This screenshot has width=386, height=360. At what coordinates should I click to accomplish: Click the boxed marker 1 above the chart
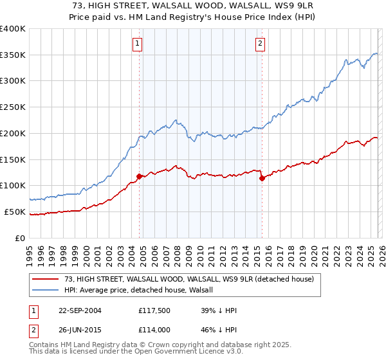pyautogui.click(x=138, y=44)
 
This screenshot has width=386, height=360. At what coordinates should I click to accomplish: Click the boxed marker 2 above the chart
pyautogui.click(x=260, y=44)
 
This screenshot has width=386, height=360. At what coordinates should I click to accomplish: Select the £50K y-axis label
pyautogui.click(x=15, y=212)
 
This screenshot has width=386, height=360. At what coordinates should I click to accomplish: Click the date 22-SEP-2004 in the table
pyautogui.click(x=77, y=310)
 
